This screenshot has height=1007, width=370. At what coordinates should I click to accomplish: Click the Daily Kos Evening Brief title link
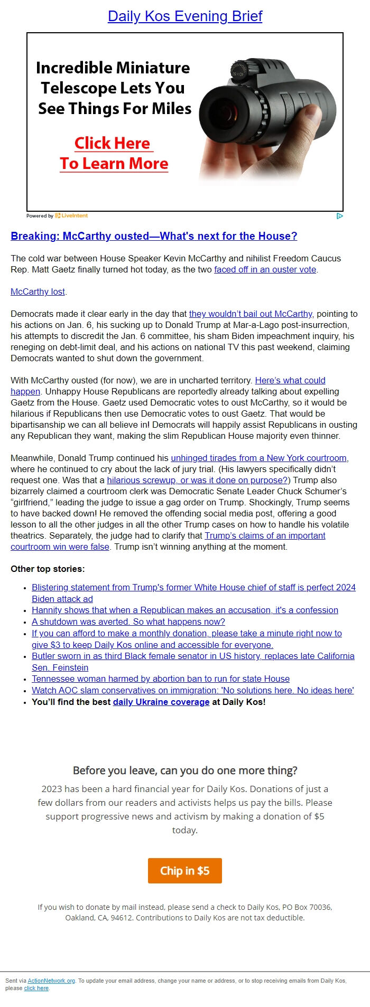click(184, 16)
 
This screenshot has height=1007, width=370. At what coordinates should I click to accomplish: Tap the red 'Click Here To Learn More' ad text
click(114, 153)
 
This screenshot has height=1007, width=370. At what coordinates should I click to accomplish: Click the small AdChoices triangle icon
click(339, 215)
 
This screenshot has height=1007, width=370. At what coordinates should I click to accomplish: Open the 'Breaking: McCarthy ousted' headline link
click(154, 236)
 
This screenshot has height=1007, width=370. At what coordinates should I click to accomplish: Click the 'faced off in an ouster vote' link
click(265, 269)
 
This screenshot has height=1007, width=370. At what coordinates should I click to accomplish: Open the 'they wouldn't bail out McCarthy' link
click(251, 314)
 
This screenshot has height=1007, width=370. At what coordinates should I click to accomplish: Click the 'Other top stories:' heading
click(48, 569)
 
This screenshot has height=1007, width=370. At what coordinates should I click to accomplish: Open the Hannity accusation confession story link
click(184, 610)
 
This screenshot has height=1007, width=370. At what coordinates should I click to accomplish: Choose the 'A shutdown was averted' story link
click(128, 622)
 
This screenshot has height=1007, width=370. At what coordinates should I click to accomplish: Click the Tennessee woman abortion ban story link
click(161, 679)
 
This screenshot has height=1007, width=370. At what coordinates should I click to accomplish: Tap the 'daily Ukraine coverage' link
click(161, 702)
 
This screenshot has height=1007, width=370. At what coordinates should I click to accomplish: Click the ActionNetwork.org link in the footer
click(51, 981)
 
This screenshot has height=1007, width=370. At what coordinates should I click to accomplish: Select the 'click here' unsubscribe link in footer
click(36, 988)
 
